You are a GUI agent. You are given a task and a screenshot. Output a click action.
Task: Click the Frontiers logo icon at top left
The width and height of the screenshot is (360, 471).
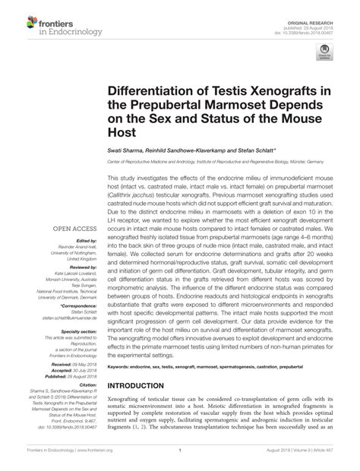[15, 15]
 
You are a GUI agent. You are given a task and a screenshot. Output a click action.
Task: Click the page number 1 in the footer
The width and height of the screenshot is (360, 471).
[180, 459]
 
